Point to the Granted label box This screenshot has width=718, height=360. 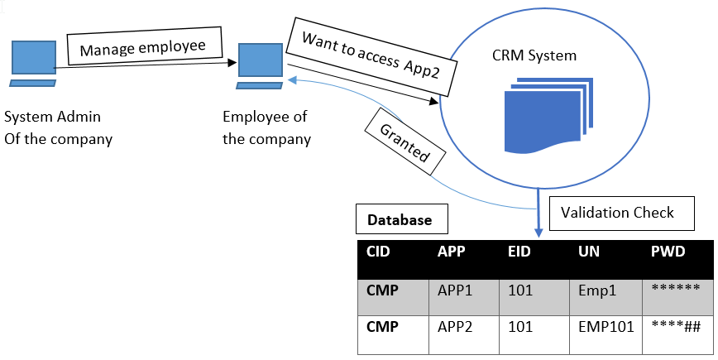point(405,142)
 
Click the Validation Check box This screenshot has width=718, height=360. point(617,213)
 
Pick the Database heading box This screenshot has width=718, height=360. point(400,221)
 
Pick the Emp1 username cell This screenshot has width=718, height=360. point(596,290)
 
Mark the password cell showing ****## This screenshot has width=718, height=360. point(676,327)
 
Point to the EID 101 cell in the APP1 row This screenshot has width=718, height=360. point(521,290)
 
